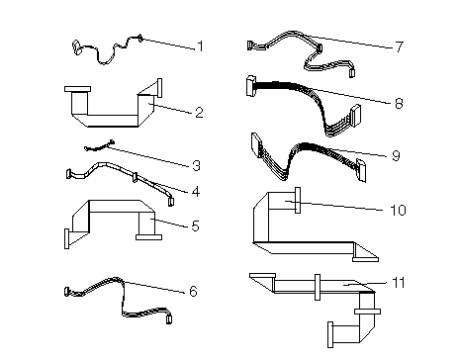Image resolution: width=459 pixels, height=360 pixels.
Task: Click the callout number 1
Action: [x=200, y=46]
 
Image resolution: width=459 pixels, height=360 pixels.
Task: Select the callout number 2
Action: [x=199, y=113]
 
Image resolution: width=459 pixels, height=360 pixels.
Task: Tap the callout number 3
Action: [x=196, y=165]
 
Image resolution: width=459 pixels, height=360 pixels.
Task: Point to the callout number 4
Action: [x=196, y=192]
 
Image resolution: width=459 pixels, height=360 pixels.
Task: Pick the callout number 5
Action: [x=195, y=226]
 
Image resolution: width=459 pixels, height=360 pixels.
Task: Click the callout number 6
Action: [x=193, y=292]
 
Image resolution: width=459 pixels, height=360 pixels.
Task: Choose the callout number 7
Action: [x=400, y=46]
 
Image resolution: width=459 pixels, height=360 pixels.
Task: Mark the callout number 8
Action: [x=399, y=104]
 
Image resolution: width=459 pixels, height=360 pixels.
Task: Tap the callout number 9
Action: [x=396, y=155]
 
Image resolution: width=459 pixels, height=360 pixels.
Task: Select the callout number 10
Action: [x=398, y=210]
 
